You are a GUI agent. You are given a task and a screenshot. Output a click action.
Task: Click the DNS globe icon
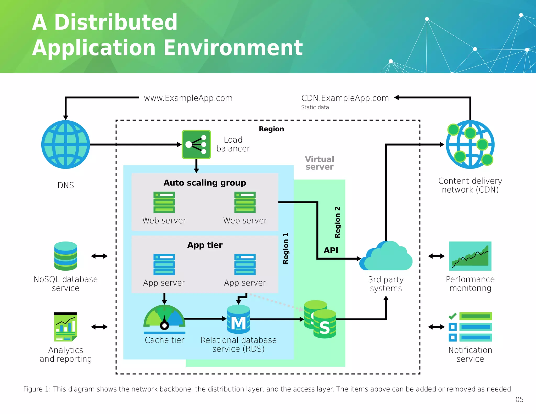click(66, 144)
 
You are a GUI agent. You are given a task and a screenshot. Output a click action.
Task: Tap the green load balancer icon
click(196, 144)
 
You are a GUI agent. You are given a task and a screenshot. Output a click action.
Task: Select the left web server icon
click(164, 202)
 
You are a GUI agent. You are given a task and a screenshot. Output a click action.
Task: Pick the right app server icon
click(245, 264)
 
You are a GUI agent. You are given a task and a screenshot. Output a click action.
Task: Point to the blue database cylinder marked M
click(238, 319)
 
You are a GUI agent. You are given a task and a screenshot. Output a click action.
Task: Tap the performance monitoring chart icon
click(470, 256)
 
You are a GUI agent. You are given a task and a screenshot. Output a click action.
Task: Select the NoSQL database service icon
click(66, 256)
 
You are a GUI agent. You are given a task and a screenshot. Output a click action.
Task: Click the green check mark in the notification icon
click(453, 316)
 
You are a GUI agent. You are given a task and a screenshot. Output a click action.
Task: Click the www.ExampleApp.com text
click(188, 98)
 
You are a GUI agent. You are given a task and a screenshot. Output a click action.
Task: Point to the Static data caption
click(315, 107)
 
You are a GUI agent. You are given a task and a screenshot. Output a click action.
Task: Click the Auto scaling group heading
click(205, 183)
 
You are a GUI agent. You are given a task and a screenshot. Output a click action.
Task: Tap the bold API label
click(331, 250)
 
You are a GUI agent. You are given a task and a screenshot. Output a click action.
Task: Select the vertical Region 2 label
click(337, 222)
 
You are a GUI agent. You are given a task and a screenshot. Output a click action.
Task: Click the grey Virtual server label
click(320, 163)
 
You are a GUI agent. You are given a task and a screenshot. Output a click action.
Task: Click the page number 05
click(519, 400)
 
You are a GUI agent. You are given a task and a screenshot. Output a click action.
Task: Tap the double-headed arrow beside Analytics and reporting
click(99, 327)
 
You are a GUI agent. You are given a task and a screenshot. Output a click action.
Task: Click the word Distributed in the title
click(116, 23)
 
